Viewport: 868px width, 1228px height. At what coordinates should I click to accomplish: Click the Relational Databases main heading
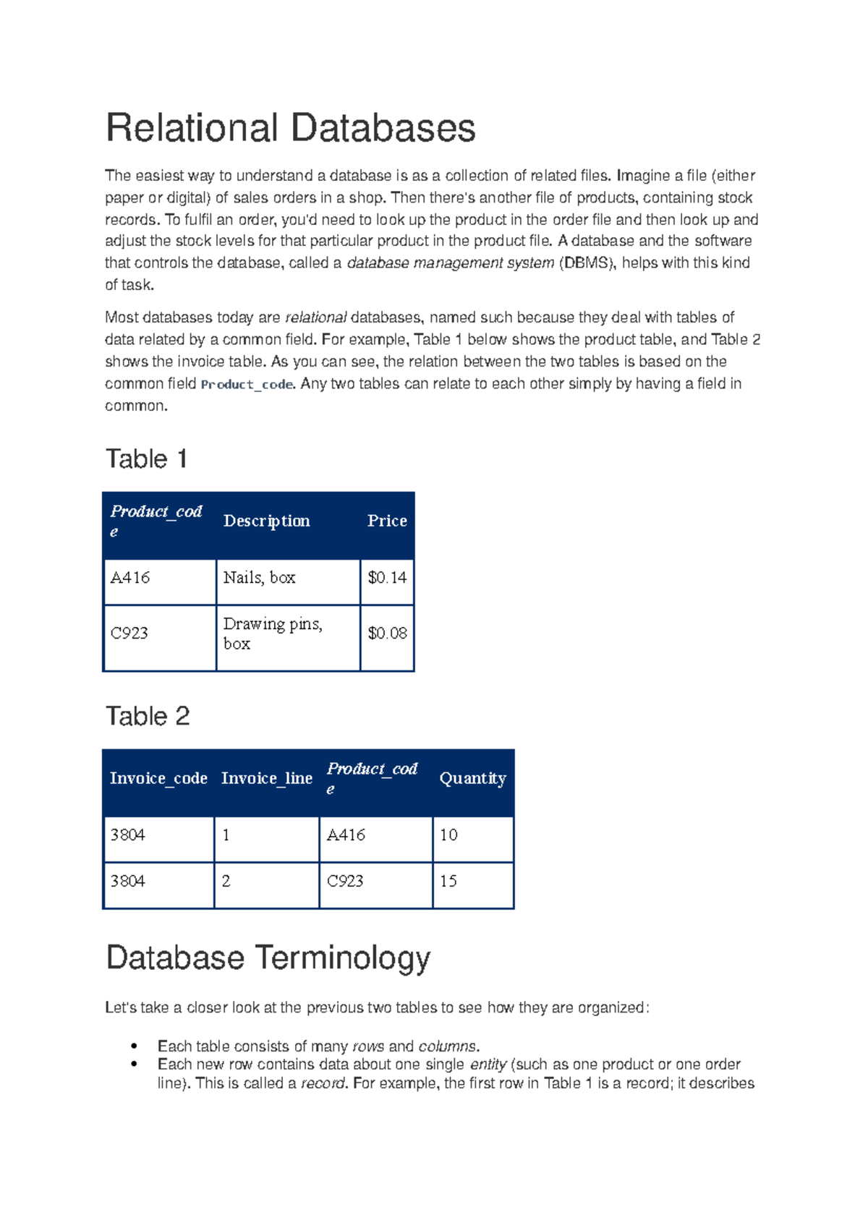pos(290,129)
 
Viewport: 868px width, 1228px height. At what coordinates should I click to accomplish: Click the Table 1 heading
pos(147,459)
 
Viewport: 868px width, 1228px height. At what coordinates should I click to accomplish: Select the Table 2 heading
pos(148,716)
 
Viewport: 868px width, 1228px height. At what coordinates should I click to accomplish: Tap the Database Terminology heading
pos(268,958)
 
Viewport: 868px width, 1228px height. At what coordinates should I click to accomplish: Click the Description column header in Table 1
pos(266,521)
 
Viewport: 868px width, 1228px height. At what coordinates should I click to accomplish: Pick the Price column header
pos(387,521)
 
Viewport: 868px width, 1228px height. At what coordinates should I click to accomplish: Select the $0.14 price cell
pos(387,578)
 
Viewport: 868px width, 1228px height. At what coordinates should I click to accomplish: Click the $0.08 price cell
pos(387,634)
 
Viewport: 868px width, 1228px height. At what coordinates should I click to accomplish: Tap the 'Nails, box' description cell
pos(259,578)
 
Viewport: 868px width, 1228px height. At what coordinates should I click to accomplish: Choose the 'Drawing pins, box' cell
pos(272,634)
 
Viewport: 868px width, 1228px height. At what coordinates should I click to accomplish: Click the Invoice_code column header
pos(158,778)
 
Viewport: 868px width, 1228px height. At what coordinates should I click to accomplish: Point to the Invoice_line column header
pos(266,778)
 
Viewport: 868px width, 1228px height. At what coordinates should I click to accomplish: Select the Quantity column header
pos(472,778)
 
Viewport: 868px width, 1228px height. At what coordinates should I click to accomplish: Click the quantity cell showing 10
pos(448,835)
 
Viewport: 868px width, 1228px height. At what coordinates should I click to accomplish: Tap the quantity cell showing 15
pos(448,882)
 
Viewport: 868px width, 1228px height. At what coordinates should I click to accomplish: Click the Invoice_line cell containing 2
pos(226,882)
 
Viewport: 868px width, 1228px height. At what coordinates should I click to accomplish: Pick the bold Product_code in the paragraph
pos(247,385)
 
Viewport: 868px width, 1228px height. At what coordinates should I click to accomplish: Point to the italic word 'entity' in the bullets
pos(488,1065)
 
